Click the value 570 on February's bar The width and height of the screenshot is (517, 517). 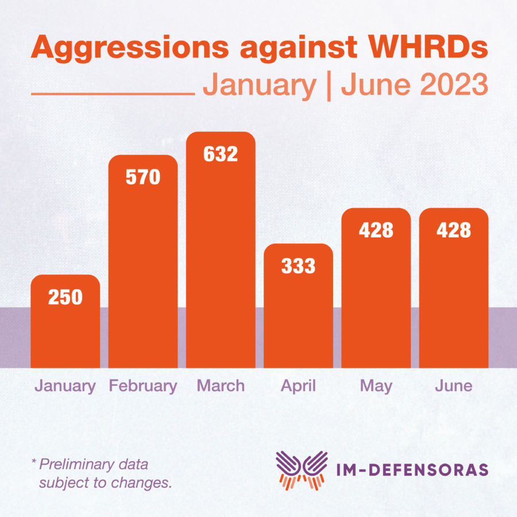[x=143, y=177]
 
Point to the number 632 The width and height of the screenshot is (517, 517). [x=221, y=154]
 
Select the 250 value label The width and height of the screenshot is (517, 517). [x=65, y=297]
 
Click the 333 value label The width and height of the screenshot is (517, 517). [x=298, y=266]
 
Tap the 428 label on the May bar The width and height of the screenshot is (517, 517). [x=376, y=230]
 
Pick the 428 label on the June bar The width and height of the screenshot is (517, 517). [x=453, y=230]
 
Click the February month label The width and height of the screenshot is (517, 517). [x=143, y=385]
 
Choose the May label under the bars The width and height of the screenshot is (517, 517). [x=376, y=386]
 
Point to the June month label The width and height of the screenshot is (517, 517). [x=453, y=385]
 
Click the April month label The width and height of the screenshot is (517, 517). [x=298, y=386]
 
